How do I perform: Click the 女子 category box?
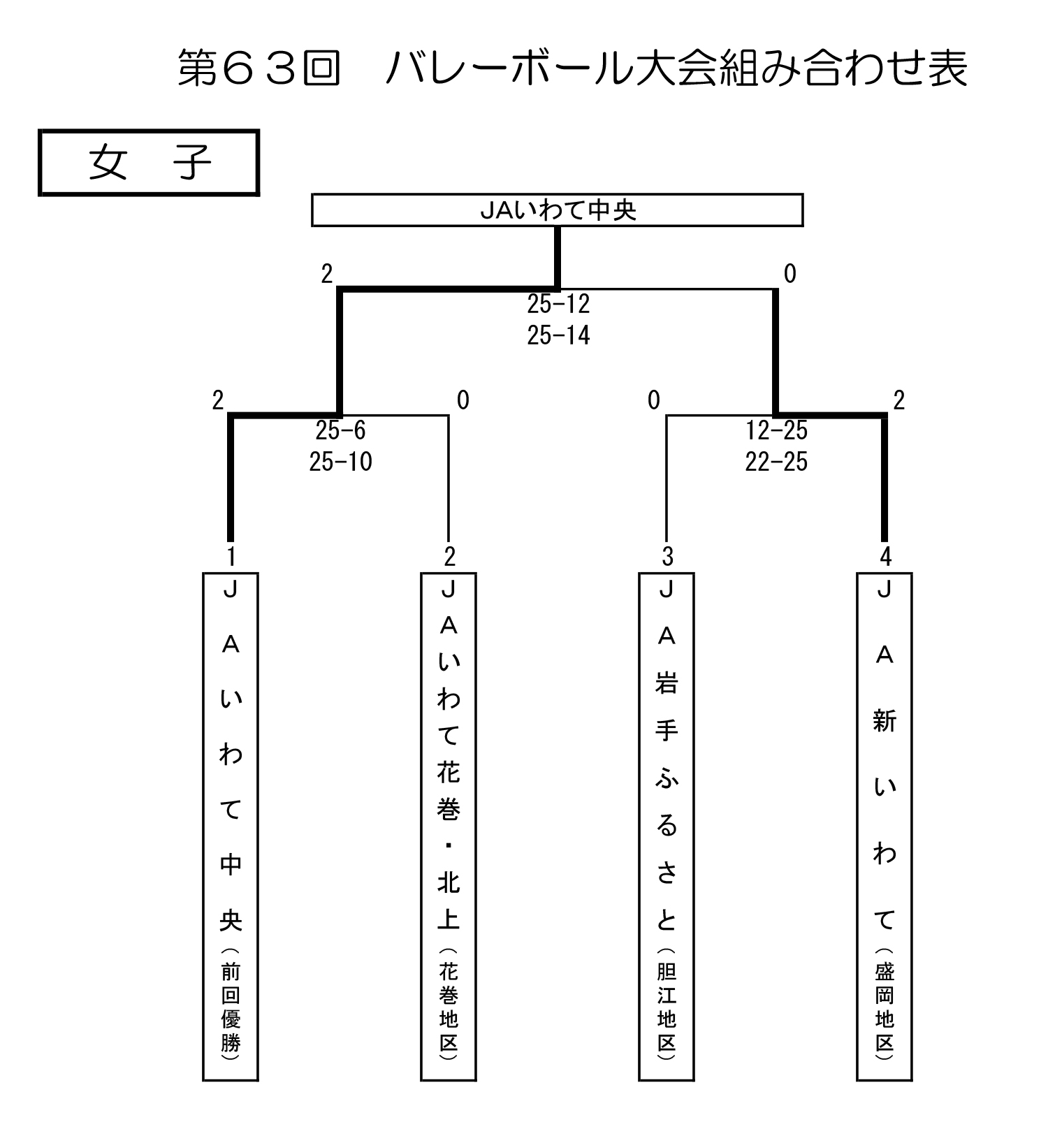coord(149,162)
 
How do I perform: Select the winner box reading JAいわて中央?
coord(557,210)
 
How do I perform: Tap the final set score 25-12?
coord(558,304)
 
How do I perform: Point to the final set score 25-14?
coord(558,335)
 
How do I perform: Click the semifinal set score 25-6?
coord(340,430)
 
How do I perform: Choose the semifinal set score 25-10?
coord(340,462)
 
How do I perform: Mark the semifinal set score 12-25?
coord(776,430)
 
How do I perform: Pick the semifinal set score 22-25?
coord(776,462)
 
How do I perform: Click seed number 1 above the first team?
coord(231,557)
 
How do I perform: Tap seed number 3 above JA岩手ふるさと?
coord(667,557)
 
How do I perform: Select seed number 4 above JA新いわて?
coord(885,557)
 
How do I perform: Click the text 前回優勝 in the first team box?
coord(231,1007)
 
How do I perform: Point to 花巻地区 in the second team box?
coord(449,1007)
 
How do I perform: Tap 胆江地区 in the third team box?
coord(667,1007)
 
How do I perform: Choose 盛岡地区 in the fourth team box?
coord(885,1007)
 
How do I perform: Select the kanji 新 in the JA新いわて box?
coord(885,720)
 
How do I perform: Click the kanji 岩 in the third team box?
coord(667,683)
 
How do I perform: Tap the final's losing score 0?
coord(789,274)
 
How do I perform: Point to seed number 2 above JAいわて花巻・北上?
coord(449,557)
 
